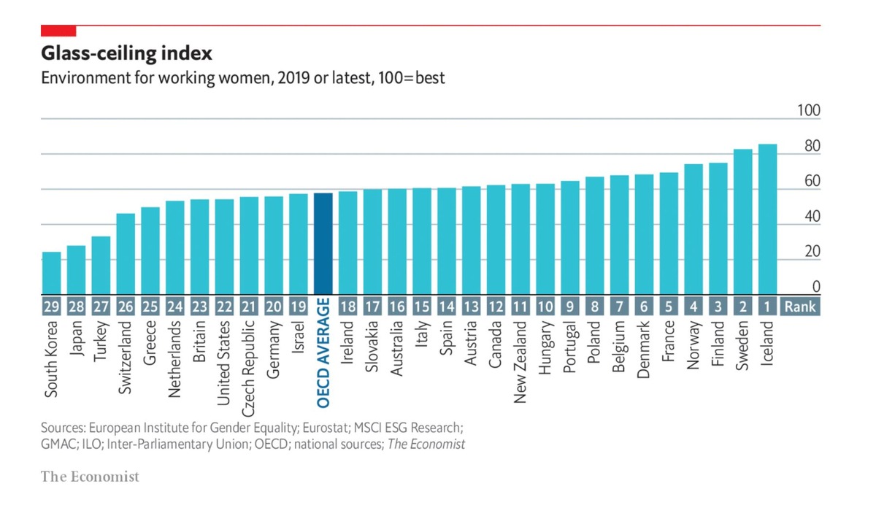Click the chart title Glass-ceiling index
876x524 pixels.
click(127, 53)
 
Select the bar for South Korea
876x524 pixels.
click(51, 273)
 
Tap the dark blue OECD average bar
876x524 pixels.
click(323, 244)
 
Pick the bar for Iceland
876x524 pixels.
click(767, 219)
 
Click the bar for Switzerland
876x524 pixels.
click(126, 254)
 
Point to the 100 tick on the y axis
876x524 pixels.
click(809, 111)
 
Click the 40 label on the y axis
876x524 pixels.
click(812, 217)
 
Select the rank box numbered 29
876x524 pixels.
click(51, 307)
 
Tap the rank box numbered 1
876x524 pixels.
click(767, 307)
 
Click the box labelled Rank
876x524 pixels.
click(800, 307)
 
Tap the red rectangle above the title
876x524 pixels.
click(58, 30)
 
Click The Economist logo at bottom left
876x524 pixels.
click(89, 477)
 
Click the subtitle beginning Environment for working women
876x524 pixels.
click(242, 77)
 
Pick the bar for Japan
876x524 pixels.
click(76, 269)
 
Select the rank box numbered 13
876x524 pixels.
click(472, 307)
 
